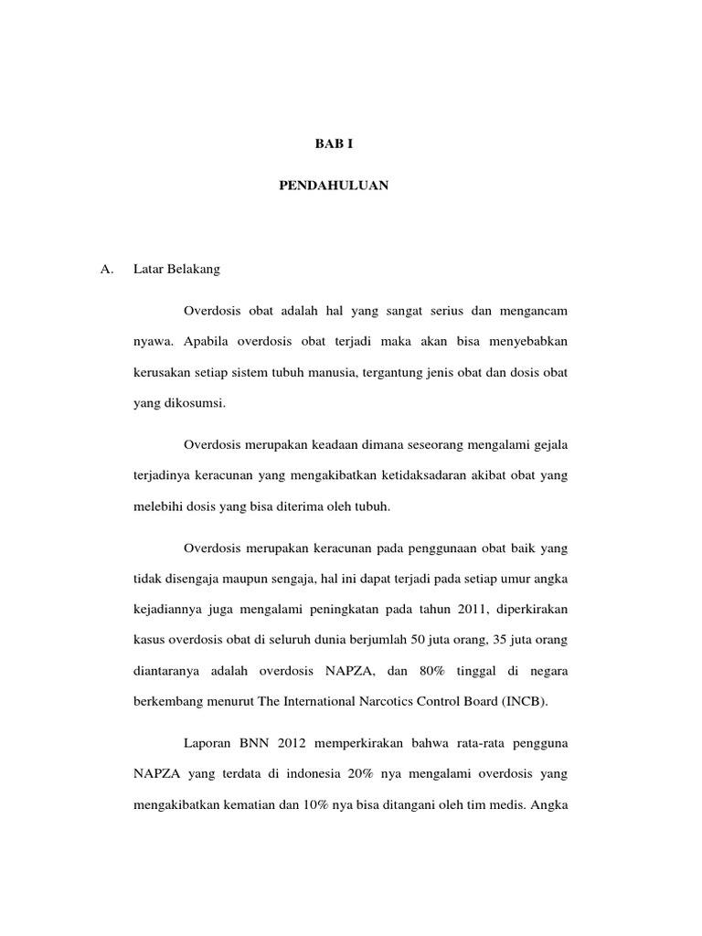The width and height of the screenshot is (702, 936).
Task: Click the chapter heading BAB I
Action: tap(334, 144)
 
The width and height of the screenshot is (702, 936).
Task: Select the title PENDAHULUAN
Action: tap(334, 186)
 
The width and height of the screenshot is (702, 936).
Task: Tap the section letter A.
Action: tap(106, 270)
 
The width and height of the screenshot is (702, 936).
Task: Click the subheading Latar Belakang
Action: tap(175, 270)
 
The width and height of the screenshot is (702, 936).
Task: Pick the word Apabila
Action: tap(204, 342)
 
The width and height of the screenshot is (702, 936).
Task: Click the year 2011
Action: tap(462, 609)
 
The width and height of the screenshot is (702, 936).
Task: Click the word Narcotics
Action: tap(380, 701)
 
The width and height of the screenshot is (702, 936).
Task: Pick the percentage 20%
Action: tap(363, 774)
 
